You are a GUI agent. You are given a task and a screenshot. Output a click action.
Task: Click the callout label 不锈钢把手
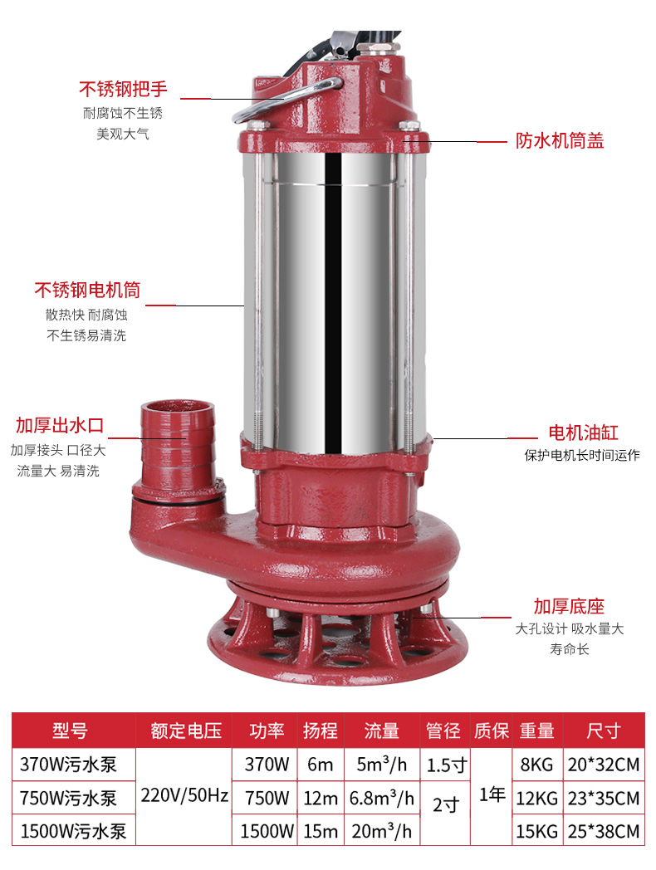pos(123,89)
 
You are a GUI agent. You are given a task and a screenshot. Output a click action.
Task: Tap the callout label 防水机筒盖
pos(560,141)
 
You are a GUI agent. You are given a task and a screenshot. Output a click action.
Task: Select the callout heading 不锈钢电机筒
pos(87,291)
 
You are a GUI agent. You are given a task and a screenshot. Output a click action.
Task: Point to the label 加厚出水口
pos(60,426)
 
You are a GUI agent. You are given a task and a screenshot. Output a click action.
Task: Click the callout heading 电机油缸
pos(583,433)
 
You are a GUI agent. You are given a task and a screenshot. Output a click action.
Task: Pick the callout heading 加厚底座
pos(569,607)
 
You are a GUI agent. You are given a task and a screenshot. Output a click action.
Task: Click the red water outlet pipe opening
pos(177,408)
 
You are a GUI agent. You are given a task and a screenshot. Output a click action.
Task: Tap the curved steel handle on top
pos(286,99)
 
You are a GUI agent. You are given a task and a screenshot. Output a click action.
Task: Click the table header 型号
pos(70,731)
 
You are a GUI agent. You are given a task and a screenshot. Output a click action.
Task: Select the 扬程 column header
pos(321,731)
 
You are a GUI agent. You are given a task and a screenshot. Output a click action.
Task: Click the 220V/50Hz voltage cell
pos(184,795)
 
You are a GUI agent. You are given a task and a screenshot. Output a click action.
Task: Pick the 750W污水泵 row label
pos(68,799)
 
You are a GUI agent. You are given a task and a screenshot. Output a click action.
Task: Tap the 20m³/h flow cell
pos(382,831)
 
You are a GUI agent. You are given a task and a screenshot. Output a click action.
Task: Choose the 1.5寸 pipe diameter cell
pos(446,765)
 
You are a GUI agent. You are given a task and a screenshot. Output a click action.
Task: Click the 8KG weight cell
pos(536,765)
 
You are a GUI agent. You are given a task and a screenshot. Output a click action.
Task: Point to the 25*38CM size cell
pos(604,831)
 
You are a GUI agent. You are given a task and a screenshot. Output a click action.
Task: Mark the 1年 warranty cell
pos(492,795)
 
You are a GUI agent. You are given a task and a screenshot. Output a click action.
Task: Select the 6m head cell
pos(321,765)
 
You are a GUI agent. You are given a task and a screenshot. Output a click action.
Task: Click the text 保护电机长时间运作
pos(582,456)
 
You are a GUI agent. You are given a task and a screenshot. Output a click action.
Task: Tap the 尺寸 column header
pos(604,731)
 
